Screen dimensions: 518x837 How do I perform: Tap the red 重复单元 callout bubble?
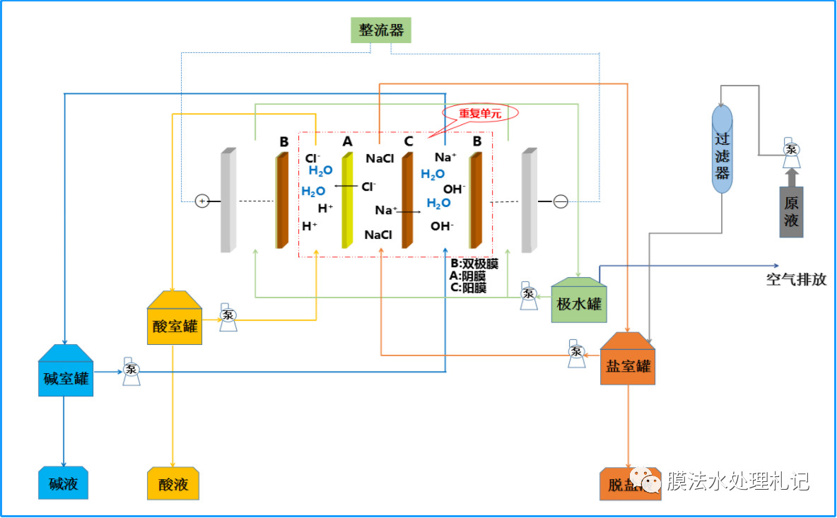coord(480,112)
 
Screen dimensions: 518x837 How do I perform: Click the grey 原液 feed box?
coord(791,211)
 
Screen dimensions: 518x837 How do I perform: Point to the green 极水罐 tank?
coord(579,301)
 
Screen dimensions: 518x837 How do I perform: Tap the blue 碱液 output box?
coord(63,483)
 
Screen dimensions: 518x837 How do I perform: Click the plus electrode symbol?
coord(202,201)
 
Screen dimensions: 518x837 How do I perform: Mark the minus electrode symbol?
coord(560,202)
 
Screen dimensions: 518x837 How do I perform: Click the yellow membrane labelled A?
coord(347,201)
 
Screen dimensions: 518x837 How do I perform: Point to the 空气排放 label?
coord(795,279)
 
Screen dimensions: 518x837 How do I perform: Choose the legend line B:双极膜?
coord(474,264)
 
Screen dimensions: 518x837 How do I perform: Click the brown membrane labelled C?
coord(407,201)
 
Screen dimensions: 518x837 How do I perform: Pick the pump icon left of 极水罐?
coord(528,295)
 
